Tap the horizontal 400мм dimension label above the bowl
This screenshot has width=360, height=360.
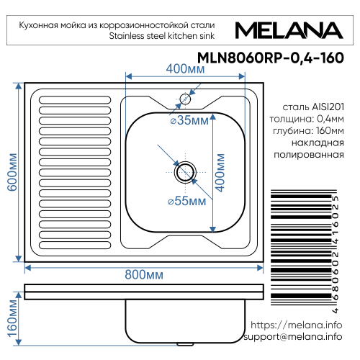coord(184,69)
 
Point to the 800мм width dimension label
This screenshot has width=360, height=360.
coord(143,274)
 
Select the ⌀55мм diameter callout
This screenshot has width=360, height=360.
coord(183,201)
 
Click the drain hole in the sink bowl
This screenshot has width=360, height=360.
coord(185,171)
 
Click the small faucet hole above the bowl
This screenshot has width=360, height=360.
coord(185,99)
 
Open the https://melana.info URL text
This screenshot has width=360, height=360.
coord(295,325)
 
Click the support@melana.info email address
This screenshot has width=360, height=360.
coord(292,337)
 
